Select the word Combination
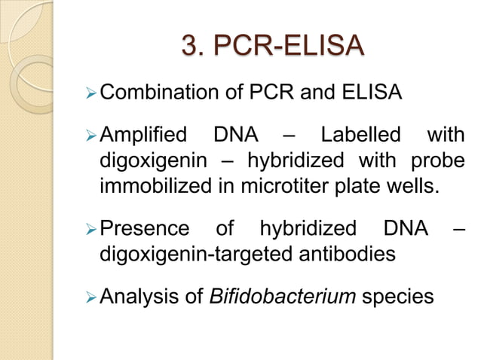tap(155, 95)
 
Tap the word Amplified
tap(143, 137)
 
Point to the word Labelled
tap(360, 137)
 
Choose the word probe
tap(437, 160)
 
